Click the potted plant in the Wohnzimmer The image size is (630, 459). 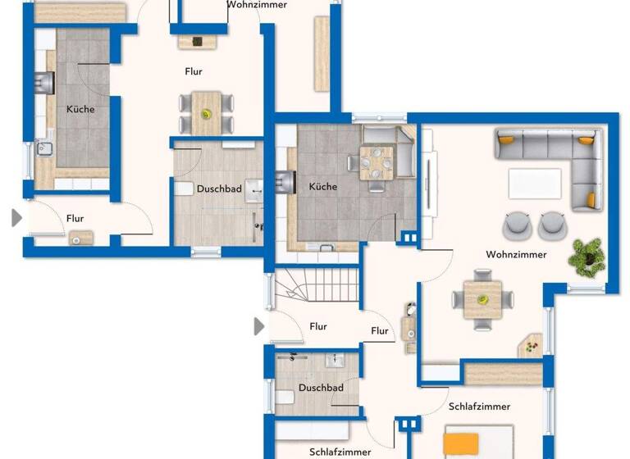pyautogui.click(x=586, y=256)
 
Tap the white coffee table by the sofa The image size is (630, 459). pyautogui.click(x=535, y=183)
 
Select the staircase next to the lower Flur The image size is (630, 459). pyautogui.click(x=316, y=287)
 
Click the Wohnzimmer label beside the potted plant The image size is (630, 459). pyautogui.click(x=516, y=255)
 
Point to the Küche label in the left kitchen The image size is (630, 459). pyautogui.click(x=80, y=109)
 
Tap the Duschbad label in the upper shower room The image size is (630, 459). pyautogui.click(x=219, y=189)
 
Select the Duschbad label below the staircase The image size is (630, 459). pyautogui.click(x=321, y=388)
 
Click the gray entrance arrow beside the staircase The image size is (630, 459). pyautogui.click(x=260, y=326)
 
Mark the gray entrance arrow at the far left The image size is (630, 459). pyautogui.click(x=16, y=218)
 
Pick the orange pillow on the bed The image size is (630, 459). pyautogui.click(x=459, y=444)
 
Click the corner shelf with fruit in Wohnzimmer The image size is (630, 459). pyautogui.click(x=531, y=345)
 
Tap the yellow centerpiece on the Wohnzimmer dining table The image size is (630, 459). pyautogui.click(x=482, y=297)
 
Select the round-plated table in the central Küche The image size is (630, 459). pyautogui.click(x=377, y=161)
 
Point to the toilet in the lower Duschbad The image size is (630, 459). pyautogui.click(x=284, y=397)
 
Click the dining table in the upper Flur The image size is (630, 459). pyautogui.click(x=206, y=112)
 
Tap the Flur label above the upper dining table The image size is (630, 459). pyautogui.click(x=193, y=71)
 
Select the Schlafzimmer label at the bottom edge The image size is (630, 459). pyautogui.click(x=340, y=452)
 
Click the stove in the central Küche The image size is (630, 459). pyautogui.click(x=284, y=180)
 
